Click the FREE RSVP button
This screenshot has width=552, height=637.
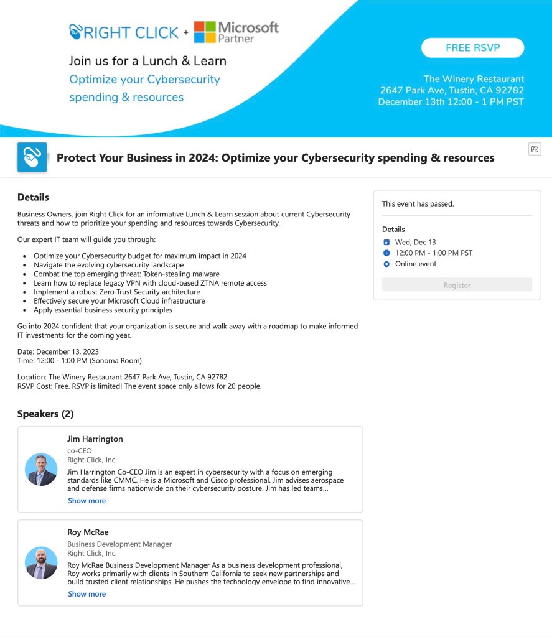(x=472, y=48)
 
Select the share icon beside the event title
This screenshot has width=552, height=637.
(x=535, y=149)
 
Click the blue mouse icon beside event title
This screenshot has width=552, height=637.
(x=32, y=157)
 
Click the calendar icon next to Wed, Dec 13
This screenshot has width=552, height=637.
(x=386, y=242)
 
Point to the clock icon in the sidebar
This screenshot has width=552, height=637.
(x=386, y=253)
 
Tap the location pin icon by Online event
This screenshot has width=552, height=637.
(x=386, y=264)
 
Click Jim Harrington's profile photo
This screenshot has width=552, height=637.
(x=41, y=469)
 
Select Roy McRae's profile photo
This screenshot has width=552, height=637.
(x=41, y=562)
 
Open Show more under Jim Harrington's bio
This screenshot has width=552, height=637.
(x=87, y=501)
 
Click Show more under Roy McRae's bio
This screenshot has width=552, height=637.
(x=87, y=594)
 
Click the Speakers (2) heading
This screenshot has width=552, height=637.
(x=45, y=414)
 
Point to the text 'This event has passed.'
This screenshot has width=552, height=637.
(x=418, y=204)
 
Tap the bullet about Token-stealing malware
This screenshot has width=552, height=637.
(x=126, y=274)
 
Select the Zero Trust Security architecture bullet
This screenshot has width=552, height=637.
(x=116, y=292)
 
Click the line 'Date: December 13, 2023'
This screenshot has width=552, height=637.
(x=58, y=351)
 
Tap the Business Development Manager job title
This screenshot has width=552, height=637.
(x=119, y=544)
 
